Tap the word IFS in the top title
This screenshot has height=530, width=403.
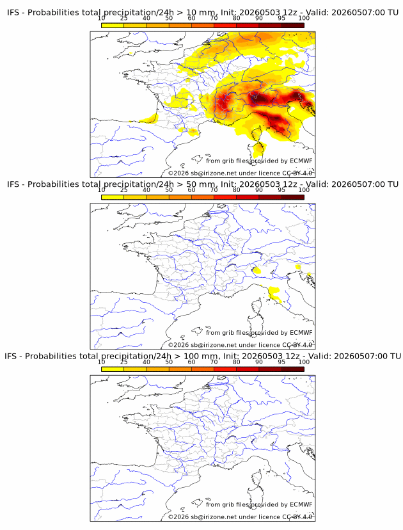(13, 13)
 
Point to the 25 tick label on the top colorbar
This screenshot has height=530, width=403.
(124, 19)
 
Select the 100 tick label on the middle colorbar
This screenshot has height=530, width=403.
(304, 190)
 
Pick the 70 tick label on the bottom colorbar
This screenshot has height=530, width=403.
(214, 362)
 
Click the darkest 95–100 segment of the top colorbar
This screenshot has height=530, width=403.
(293, 25)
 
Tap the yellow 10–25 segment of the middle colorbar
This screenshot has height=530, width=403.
(113, 197)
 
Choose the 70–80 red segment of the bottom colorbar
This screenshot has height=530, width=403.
(225, 369)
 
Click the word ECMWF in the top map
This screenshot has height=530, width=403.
(301, 161)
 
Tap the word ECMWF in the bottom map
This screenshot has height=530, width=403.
(301, 504)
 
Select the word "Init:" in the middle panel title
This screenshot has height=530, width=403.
(229, 184)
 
